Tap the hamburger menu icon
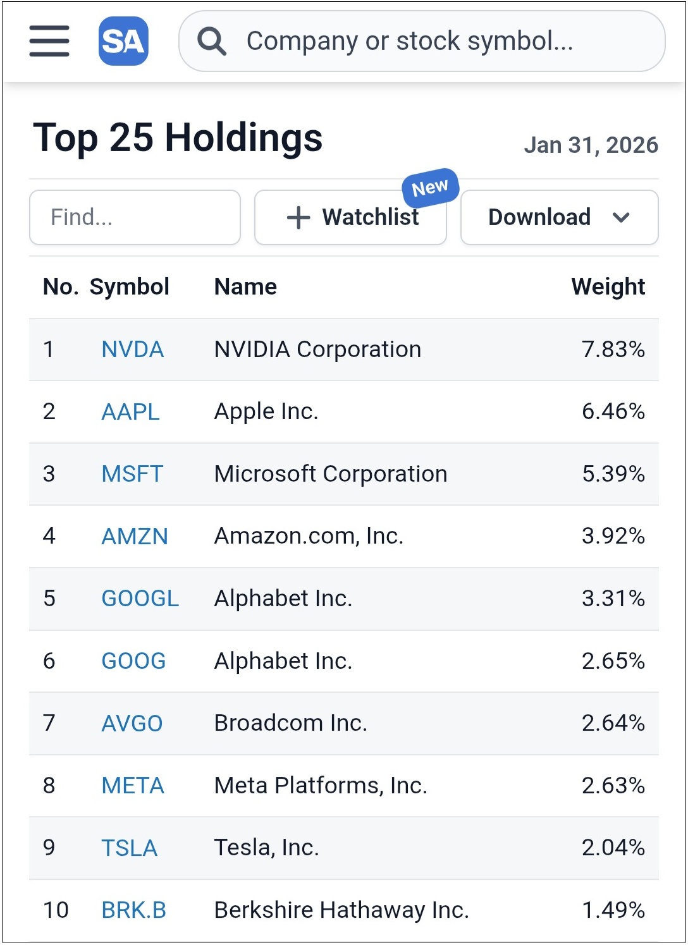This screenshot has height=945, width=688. click(x=49, y=41)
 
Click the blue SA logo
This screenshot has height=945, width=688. click(x=123, y=41)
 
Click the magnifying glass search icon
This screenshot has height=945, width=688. click(x=211, y=42)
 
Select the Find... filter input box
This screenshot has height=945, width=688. click(x=135, y=217)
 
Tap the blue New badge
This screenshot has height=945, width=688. click(x=430, y=188)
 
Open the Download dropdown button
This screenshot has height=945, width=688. click(x=559, y=217)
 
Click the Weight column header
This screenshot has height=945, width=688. click(x=608, y=287)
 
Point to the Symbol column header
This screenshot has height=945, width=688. click(x=129, y=287)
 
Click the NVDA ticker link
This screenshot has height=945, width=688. click(x=132, y=350)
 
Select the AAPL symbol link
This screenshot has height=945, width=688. click(x=130, y=412)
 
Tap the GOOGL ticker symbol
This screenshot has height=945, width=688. click(x=140, y=599)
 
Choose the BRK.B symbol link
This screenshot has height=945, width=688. click(x=133, y=910)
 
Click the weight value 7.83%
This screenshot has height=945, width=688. click(x=613, y=350)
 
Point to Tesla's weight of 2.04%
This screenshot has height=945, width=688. click(x=613, y=848)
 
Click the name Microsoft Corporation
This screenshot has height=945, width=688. click(x=330, y=474)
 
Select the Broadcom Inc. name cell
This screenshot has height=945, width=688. click(x=290, y=723)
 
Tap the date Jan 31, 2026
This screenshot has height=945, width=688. click(x=591, y=145)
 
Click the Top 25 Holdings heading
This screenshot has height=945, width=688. click(x=178, y=138)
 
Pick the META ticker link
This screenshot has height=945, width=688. click(x=133, y=786)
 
